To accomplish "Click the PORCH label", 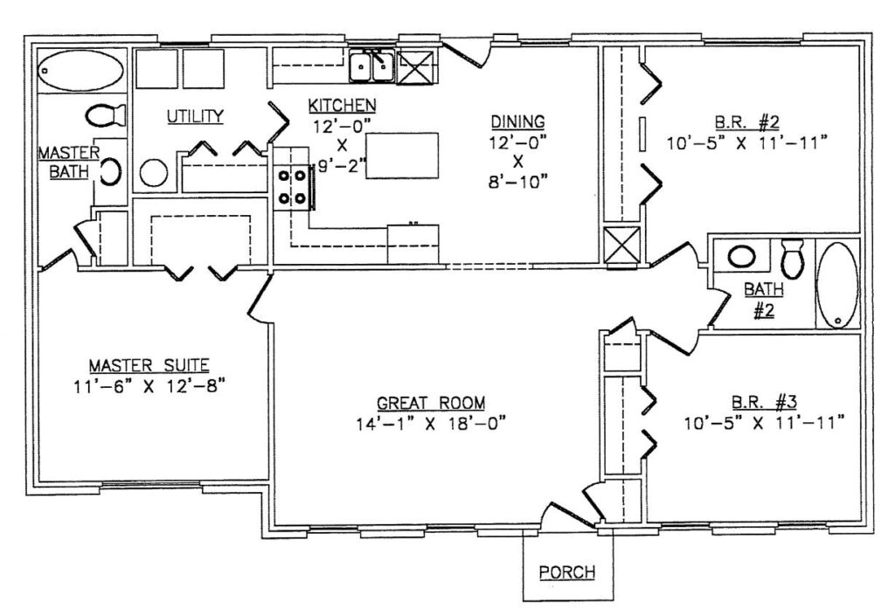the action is pos(566,572).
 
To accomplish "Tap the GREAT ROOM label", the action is pos(431,404).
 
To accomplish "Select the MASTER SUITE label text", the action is pos(149,365).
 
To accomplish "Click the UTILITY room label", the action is pos(195,116).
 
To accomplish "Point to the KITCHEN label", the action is pos(342,106).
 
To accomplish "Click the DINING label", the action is pos(517,121).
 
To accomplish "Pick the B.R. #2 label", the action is pos(747,121).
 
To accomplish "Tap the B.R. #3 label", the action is pos(764,402).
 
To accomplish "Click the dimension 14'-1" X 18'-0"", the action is pos(431,424).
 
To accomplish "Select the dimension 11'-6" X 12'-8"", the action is pos(149,387).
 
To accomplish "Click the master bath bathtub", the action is pos(80,71).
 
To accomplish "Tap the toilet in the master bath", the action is pos(106,115).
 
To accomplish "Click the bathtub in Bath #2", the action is pos(837,285).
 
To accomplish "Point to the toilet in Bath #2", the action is pos(792,258).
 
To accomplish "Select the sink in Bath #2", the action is pos(741,256).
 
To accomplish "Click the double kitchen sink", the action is pos(372,67).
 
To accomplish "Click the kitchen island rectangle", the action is pos(402,156).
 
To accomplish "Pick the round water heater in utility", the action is pos(154,173).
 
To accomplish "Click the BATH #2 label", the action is pos(764,300).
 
